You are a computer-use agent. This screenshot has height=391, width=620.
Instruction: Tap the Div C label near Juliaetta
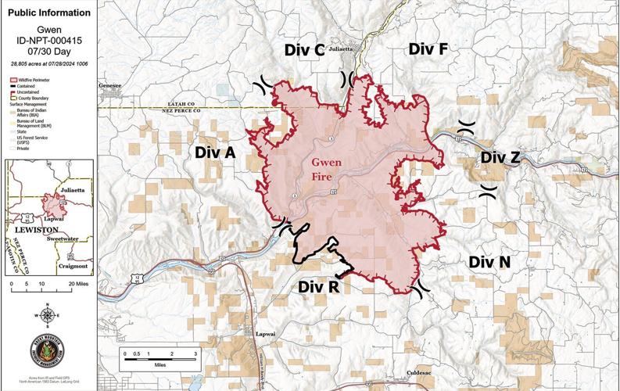point(304,51)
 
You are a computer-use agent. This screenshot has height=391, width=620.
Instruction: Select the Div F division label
point(428,49)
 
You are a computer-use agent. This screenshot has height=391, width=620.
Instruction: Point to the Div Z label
point(500,157)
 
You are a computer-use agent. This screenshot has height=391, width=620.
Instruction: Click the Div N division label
point(490,262)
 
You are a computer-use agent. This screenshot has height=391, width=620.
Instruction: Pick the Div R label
point(319,286)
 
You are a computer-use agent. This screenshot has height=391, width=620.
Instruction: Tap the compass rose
point(48,315)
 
